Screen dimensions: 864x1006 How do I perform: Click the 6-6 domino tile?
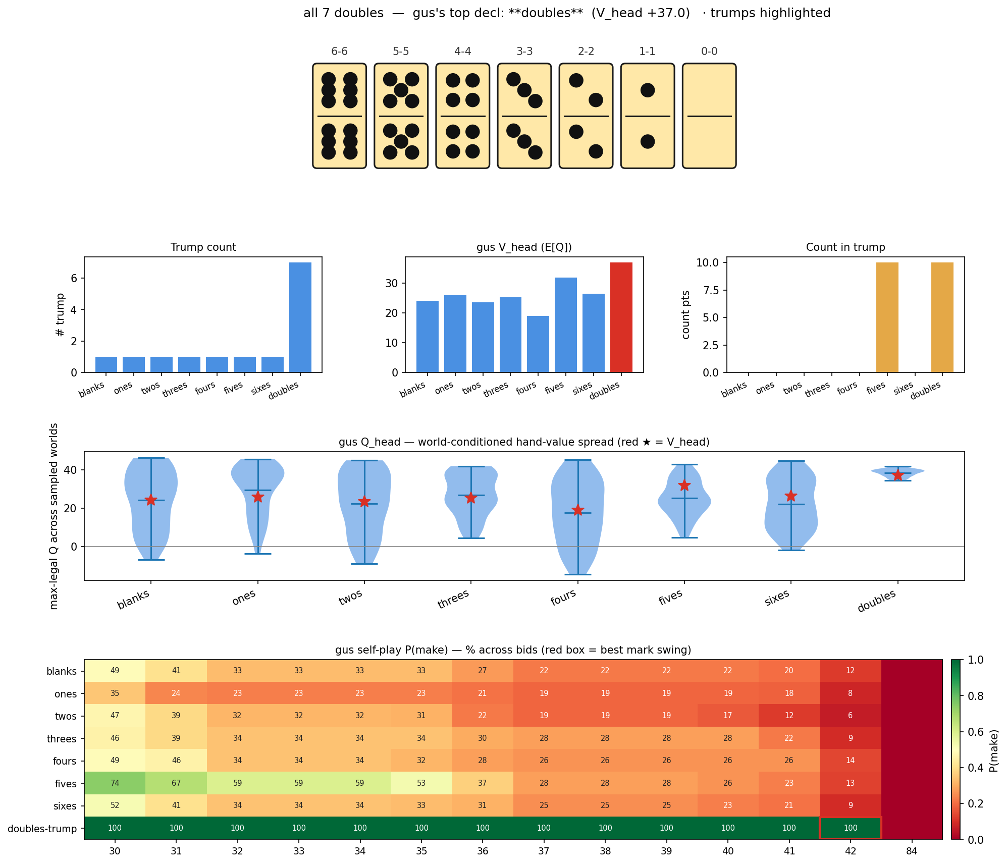click(339, 116)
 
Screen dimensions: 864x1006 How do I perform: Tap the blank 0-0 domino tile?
click(709, 116)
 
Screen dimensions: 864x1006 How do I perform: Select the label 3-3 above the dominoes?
click(524, 51)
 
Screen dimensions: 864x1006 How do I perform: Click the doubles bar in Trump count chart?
click(300, 317)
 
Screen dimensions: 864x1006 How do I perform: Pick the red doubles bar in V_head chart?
click(621, 317)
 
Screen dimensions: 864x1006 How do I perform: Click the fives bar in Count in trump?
click(887, 317)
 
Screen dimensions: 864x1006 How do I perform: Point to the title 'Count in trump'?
click(845, 247)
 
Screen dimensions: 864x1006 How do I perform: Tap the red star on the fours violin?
click(578, 510)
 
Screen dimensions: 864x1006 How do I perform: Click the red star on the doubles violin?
click(897, 475)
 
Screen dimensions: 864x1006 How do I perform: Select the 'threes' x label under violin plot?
click(453, 600)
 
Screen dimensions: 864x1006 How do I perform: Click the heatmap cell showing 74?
click(115, 783)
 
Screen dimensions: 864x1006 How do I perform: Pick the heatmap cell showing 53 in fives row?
click(421, 783)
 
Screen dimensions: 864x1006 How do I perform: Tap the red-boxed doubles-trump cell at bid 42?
click(851, 828)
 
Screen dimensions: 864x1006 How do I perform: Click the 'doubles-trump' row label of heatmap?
click(42, 829)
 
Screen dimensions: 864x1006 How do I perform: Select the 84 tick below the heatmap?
click(912, 851)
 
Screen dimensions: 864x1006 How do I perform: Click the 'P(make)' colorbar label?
click(993, 750)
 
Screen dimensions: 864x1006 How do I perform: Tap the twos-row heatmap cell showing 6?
click(851, 716)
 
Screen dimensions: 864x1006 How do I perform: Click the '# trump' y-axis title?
click(61, 315)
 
